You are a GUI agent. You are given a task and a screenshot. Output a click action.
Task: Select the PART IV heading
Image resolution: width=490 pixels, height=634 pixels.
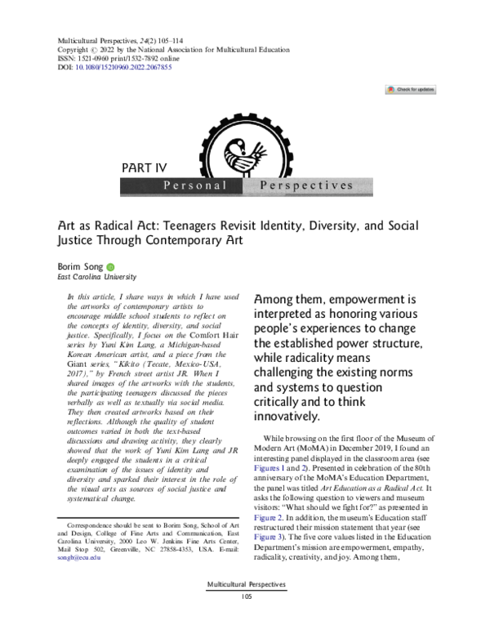[x=144, y=168]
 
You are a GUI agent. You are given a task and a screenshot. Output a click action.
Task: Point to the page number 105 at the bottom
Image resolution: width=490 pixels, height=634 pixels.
[x=245, y=620]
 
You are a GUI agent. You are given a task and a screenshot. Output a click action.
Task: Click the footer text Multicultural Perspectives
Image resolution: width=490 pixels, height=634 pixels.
[x=245, y=609]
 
